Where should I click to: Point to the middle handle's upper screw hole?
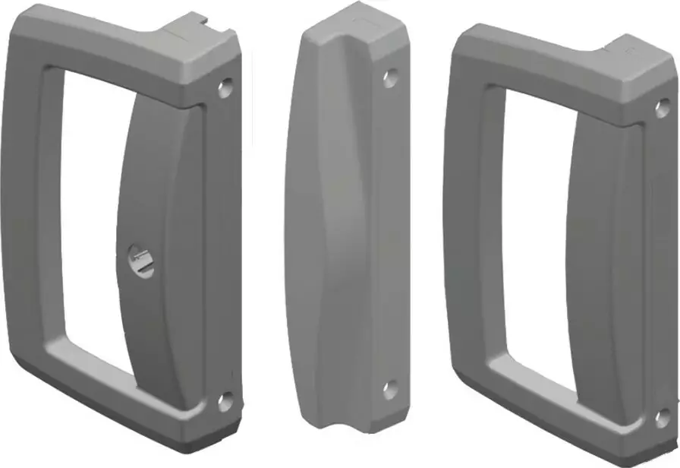pos(390,76)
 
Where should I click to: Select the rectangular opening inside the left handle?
pos(95,220)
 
